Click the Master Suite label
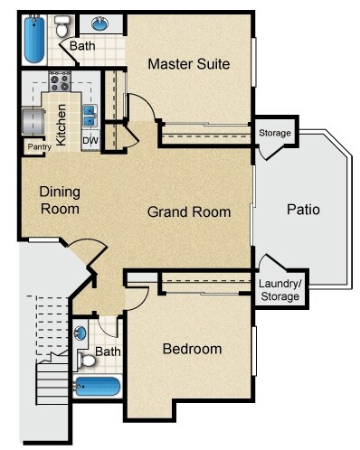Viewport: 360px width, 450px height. pos(189,64)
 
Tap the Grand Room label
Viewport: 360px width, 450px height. pos(189,211)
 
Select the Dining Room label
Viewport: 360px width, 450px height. pos(60,201)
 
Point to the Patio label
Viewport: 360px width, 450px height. pos(303,210)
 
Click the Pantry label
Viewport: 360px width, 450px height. pos(40,147)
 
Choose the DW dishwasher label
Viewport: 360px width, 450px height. pos(90,140)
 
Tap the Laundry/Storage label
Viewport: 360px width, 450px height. pos(280,290)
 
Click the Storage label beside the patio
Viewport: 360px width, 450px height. pos(275,133)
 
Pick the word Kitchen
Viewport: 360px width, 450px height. pos(62,125)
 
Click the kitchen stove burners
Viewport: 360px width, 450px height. pos(60,82)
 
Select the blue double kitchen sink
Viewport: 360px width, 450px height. pos(90,116)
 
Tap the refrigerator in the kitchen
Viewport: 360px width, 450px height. pos(33,122)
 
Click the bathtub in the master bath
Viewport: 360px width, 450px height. pos(34,40)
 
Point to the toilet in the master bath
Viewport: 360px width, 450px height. pos(62,26)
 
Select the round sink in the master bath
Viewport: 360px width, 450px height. pos(100,23)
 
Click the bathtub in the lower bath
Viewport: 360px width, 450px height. pos(97,387)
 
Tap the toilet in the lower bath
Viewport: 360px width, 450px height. pos(86,361)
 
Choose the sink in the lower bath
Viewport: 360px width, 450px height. pos(80,333)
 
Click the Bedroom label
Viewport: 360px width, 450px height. pos(193,349)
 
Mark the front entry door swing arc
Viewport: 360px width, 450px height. pos(90,241)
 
